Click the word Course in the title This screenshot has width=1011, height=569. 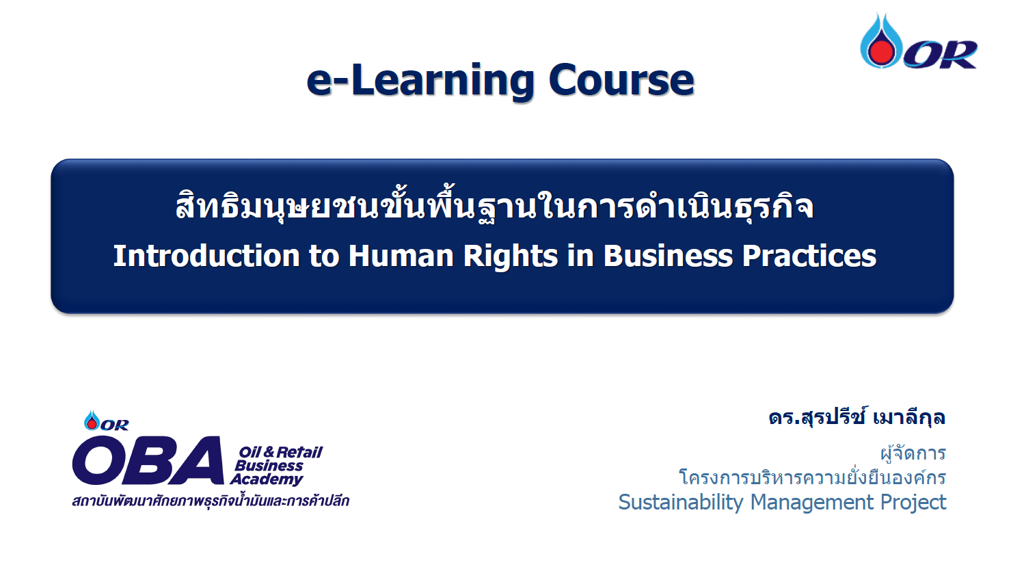point(621,81)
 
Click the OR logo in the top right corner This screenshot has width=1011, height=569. point(918,42)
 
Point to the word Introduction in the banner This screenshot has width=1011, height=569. point(206,256)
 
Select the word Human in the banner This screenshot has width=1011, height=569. point(401,256)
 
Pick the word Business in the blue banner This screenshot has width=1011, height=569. point(669,256)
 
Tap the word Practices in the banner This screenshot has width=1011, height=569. point(809,256)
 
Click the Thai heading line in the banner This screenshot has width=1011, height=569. point(494,206)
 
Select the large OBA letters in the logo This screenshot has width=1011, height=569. point(148,461)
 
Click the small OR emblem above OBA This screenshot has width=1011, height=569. point(106,421)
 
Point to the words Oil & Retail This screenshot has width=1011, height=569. point(280,452)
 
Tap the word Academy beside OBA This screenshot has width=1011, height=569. point(267,479)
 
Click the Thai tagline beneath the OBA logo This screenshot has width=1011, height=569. point(211,501)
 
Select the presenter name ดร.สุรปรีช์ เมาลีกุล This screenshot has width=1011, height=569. point(857,416)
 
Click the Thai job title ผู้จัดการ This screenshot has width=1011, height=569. point(913,453)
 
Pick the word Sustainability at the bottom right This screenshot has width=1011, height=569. point(680,502)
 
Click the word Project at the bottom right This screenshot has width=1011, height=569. point(913,502)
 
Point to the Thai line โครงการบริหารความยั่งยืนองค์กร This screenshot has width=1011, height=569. point(812,477)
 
